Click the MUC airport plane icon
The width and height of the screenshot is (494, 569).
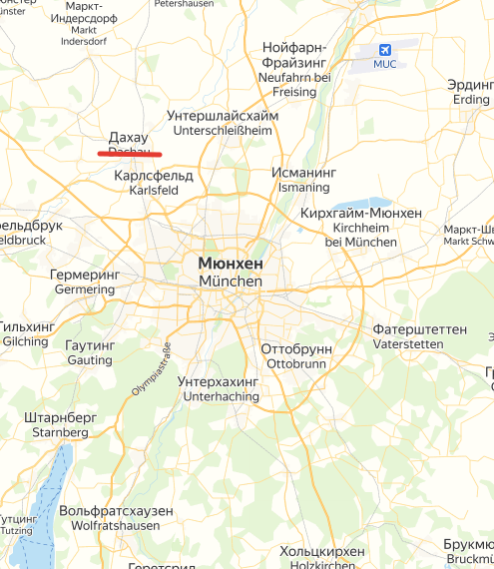pos(384,50)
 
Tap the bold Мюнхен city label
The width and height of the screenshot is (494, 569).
pos(231,264)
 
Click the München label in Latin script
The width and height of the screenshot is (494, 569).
pos(231,282)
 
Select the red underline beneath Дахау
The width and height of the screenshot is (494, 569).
pos(130,155)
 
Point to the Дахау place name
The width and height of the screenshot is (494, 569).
pos(128,137)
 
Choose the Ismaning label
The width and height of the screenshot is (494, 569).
pos(303,188)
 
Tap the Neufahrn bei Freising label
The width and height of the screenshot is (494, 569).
pos(294,84)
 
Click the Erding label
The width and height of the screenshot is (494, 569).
pos(471,100)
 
